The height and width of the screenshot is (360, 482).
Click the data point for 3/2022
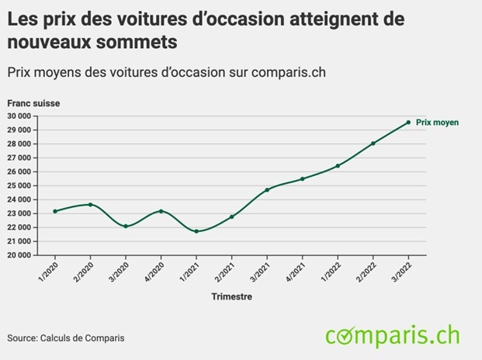408,122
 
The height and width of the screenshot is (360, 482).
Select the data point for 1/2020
55,211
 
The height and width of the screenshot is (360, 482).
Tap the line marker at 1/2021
196,231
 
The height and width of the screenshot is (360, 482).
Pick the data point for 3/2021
267,190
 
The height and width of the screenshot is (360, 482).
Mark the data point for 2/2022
373,144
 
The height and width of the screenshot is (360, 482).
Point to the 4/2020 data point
161,211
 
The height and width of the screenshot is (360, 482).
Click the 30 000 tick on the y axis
19,116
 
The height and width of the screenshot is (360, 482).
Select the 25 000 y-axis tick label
19,186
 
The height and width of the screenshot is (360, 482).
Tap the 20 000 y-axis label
19,255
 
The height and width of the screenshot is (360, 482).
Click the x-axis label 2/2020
83,268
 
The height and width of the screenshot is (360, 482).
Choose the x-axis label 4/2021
295,268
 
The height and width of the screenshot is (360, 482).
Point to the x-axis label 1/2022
331,268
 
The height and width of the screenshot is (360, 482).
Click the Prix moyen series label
437,123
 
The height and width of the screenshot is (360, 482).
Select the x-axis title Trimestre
231,296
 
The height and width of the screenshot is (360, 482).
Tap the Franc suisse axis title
33,103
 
